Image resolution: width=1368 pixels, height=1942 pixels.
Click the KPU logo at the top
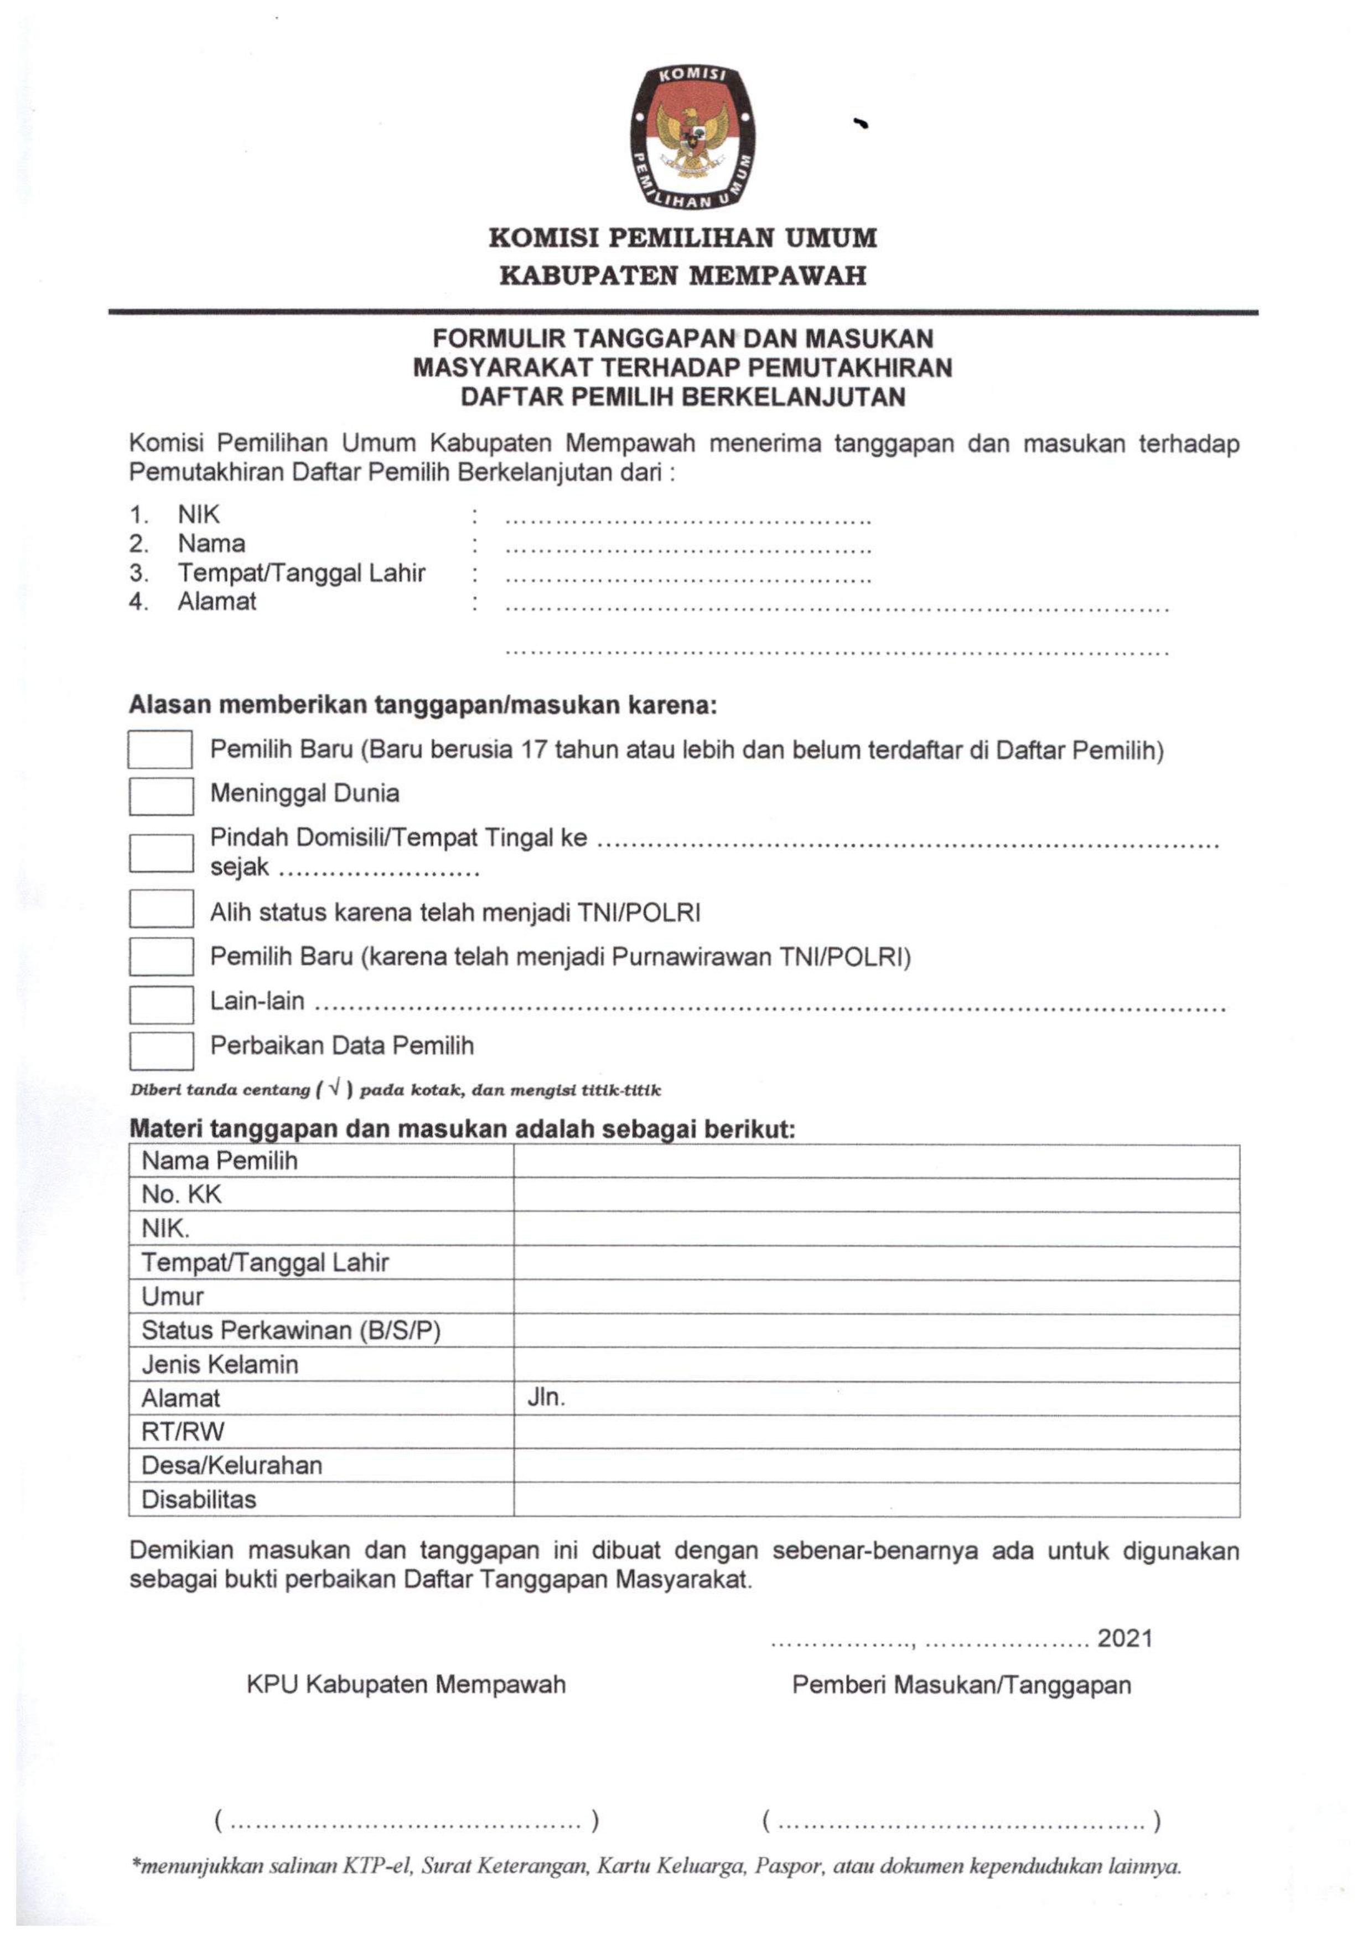coord(692,137)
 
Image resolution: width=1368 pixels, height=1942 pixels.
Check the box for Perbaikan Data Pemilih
coord(160,1050)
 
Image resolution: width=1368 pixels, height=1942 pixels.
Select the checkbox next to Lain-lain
coord(160,1005)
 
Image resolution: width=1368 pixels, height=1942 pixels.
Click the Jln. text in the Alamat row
coord(546,1397)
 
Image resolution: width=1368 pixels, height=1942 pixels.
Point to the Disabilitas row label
coord(199,1500)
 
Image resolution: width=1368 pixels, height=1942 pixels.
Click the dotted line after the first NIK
coord(687,520)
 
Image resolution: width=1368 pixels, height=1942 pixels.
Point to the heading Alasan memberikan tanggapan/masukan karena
coord(422,705)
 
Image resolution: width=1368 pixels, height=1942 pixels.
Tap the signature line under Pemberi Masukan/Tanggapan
coord(960,1820)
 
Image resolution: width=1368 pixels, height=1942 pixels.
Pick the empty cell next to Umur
coord(875,1297)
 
